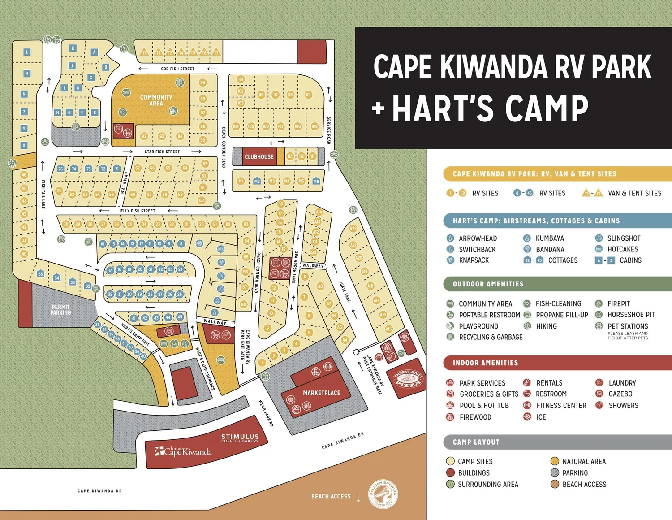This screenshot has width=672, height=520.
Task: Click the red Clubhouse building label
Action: point(259,157)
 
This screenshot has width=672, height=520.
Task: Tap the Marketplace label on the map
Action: point(321,393)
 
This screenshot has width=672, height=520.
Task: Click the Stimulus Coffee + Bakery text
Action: point(240,438)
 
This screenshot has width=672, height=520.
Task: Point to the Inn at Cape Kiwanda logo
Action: point(183,451)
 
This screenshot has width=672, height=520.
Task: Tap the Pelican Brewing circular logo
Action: point(383,494)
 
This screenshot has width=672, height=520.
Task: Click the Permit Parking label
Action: point(60,310)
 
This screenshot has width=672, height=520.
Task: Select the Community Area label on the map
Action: point(156,100)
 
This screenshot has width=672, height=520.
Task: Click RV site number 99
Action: point(203,82)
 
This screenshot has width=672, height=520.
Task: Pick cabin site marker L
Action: point(27,52)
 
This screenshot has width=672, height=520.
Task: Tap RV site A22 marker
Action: point(353,228)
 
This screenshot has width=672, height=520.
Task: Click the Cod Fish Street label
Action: point(177,69)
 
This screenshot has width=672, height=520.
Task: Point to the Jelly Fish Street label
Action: point(137,211)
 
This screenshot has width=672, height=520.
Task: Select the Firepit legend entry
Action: point(618,303)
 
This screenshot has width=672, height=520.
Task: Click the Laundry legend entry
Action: point(622,383)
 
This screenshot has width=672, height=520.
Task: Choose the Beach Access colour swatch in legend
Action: point(555,484)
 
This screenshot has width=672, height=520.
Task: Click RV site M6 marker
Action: point(316,181)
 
